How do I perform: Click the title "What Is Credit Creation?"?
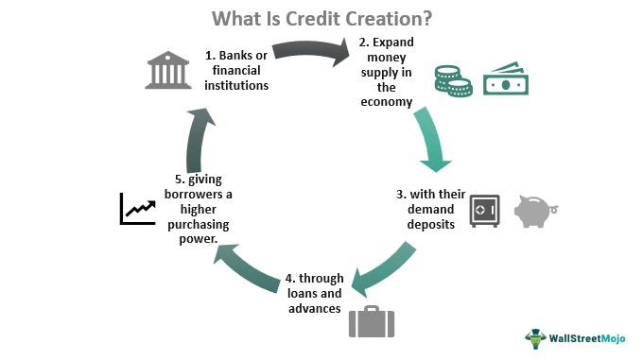321,18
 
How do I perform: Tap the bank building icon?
168,71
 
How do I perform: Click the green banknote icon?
506,78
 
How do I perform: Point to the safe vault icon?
484,211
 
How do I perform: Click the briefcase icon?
371,320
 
